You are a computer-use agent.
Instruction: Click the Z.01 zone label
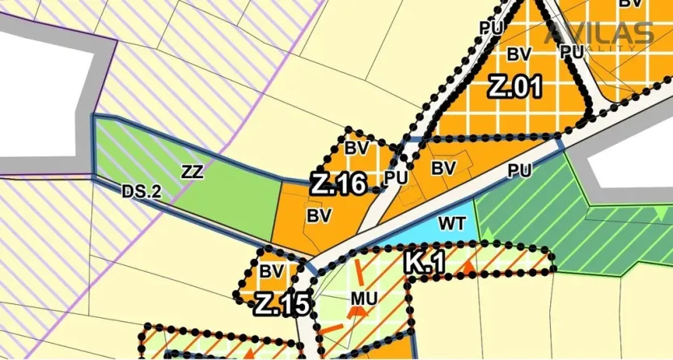(514, 87)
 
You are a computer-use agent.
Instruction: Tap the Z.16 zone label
(339, 184)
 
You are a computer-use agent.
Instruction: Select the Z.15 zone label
(281, 306)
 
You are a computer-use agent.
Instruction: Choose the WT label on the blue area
(450, 221)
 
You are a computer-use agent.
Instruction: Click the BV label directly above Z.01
(519, 54)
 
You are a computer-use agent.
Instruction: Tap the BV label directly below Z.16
(320, 215)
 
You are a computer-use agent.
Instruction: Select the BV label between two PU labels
(443, 168)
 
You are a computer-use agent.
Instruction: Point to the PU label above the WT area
(519, 171)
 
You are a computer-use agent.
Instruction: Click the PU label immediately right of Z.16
(395, 176)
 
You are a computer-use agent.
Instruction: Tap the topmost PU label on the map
(491, 28)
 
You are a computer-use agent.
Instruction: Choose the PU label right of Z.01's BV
(571, 51)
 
